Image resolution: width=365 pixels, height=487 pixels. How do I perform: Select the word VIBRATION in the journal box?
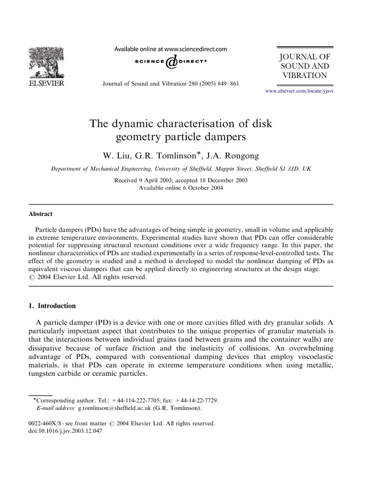pyautogui.click(x=304, y=76)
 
